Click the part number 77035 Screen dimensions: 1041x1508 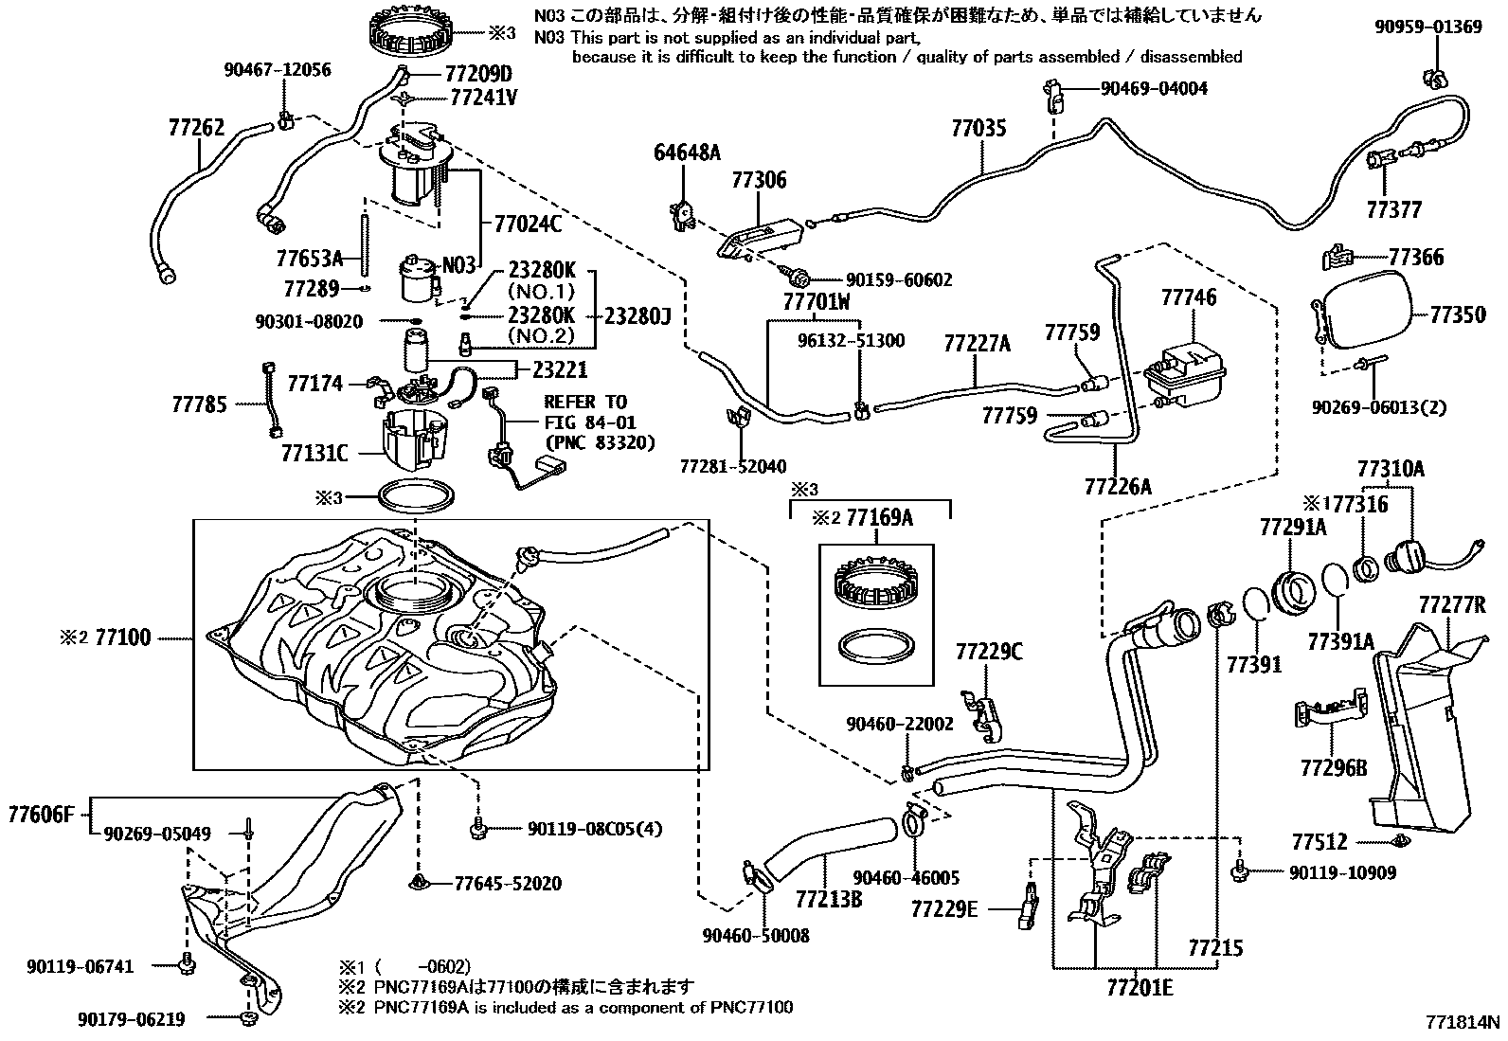point(978,128)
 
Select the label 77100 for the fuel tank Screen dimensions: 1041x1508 point(123,637)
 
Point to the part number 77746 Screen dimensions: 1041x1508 point(1189,297)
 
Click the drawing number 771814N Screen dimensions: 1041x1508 point(1463,1022)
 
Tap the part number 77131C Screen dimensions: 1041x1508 point(314,454)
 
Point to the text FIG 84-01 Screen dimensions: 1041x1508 point(589,422)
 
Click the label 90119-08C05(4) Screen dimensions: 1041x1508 point(594,830)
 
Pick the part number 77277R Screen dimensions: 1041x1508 point(1451,604)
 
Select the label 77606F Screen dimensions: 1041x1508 point(41,813)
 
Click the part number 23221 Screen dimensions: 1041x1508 point(562,369)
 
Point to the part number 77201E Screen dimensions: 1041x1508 point(1139,988)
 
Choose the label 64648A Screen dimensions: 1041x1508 point(687,152)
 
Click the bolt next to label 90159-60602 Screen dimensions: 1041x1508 point(799,278)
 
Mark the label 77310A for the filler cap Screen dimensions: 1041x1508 point(1391,469)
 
